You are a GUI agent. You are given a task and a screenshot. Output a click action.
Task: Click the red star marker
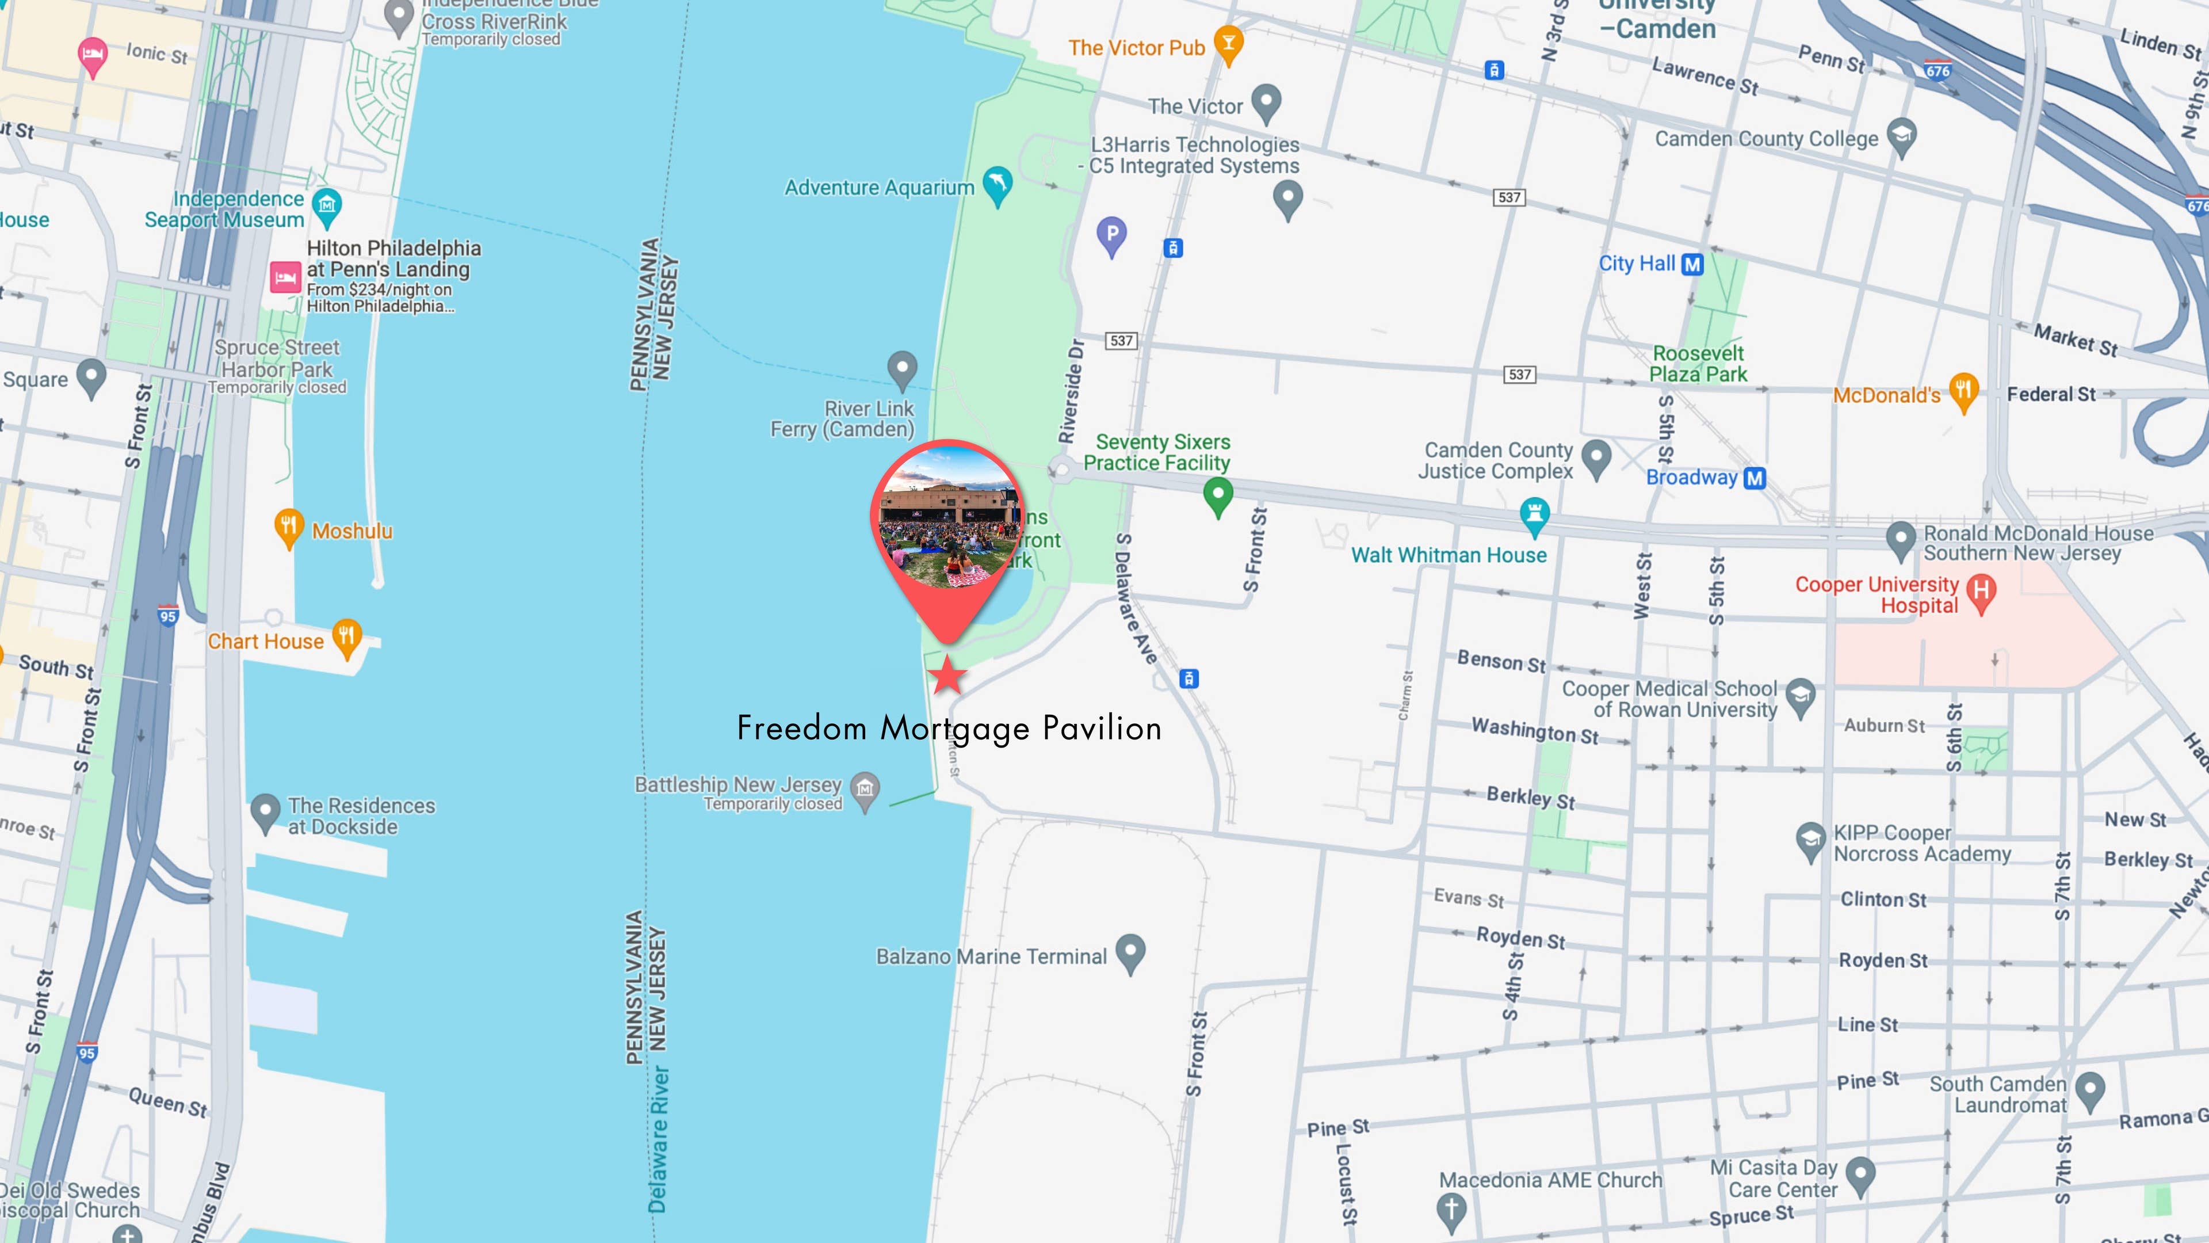(947, 675)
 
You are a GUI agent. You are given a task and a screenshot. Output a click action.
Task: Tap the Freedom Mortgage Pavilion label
(949, 729)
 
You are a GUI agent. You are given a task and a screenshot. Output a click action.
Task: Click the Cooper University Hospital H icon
(1981, 592)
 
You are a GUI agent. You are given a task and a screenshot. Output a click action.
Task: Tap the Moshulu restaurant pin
(288, 527)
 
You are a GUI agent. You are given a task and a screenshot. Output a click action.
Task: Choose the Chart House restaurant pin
(346, 638)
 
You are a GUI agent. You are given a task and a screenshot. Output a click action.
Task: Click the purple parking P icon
(1111, 234)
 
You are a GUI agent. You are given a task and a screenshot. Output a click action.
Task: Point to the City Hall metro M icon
(1692, 264)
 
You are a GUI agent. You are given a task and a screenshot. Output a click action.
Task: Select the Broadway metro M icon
(1755, 478)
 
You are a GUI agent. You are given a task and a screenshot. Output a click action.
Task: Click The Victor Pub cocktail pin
(1229, 45)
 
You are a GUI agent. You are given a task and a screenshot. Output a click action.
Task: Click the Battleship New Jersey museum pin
(865, 788)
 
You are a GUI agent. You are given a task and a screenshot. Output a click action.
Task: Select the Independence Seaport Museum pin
(327, 206)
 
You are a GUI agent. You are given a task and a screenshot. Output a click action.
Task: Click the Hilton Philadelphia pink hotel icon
(285, 277)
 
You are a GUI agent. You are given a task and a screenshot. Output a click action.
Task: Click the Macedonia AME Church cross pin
(1451, 1210)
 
